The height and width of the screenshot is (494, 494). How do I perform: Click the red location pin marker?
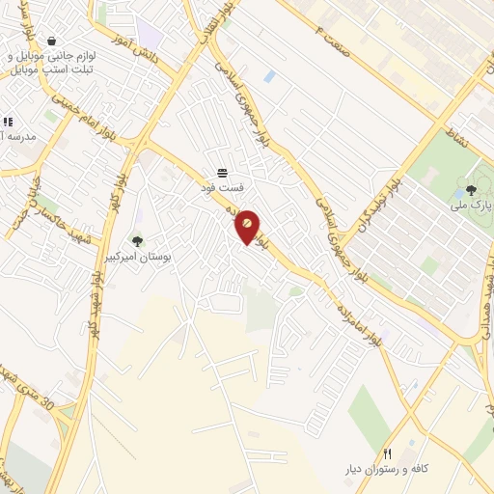click(248, 226)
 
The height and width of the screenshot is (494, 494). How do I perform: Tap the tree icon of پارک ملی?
click(471, 190)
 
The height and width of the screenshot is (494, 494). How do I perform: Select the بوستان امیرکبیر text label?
click(136, 258)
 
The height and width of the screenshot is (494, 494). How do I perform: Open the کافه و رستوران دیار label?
click(387, 470)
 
